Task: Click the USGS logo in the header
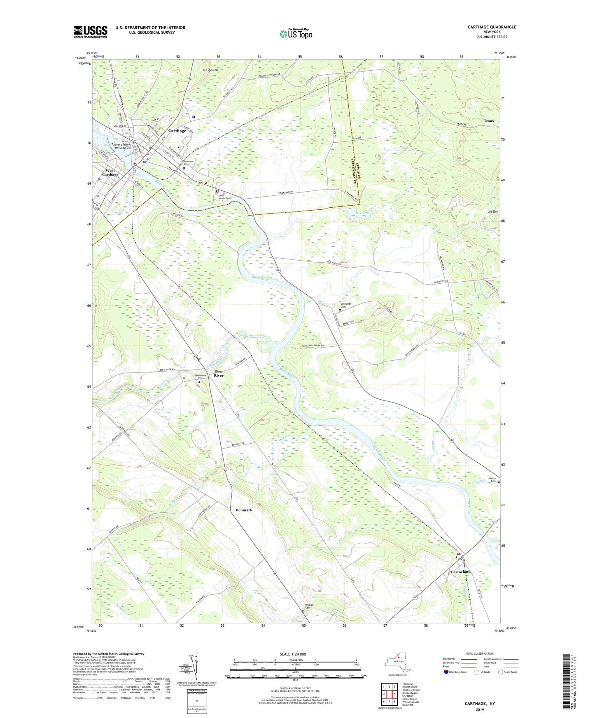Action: coord(91,32)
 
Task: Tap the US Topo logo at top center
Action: coord(296,34)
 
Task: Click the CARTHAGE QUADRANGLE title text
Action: coord(492,27)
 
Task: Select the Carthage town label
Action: coord(177,131)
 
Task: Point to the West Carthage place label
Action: coord(110,172)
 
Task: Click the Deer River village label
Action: coord(219,373)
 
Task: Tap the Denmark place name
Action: coord(244,510)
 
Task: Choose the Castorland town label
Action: coord(460,572)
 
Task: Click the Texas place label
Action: coord(489,121)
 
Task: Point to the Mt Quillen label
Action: coord(210,70)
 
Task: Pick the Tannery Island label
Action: coord(121,144)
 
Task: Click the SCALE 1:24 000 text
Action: coord(293,654)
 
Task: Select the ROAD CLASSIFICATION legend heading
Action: coord(480,653)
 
